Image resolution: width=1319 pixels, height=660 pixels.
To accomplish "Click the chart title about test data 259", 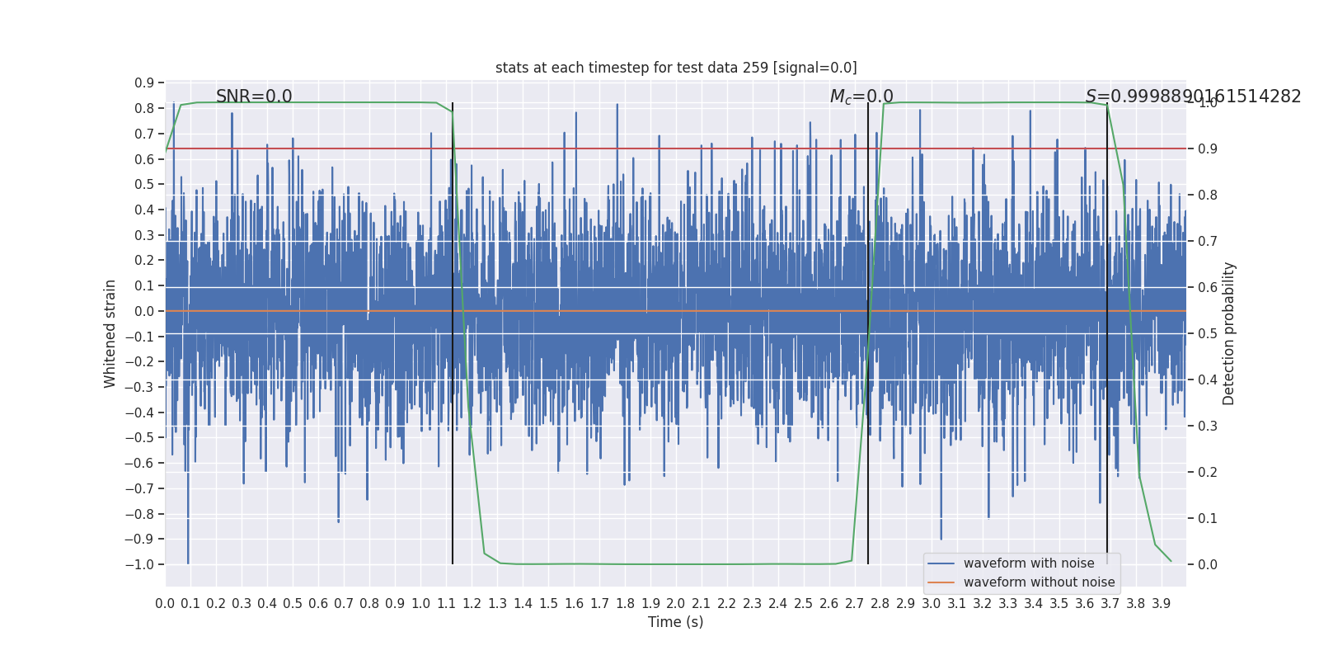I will pyautogui.click(x=676, y=68).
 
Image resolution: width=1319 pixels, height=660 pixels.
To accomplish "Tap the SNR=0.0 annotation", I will pyautogui.click(x=254, y=97).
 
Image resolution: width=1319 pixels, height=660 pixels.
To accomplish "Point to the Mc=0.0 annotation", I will pyautogui.click(x=861, y=97).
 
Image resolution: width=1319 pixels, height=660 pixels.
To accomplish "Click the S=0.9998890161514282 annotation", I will pyautogui.click(x=1193, y=97).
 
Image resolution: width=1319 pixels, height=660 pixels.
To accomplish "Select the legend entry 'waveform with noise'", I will pyautogui.click(x=1028, y=563).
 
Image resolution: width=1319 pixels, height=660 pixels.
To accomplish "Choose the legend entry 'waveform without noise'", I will pyautogui.click(x=1039, y=582).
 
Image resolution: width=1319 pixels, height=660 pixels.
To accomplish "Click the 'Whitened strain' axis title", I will pyautogui.click(x=110, y=333).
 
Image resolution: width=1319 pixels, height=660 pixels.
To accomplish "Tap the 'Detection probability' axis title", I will pyautogui.click(x=1229, y=333).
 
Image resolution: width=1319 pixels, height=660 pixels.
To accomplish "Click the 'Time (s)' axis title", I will pyautogui.click(x=675, y=622).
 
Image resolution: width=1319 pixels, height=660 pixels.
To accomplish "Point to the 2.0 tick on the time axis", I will pyautogui.click(x=676, y=604).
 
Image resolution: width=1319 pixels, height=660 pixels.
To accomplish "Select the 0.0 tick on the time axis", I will pyautogui.click(x=165, y=604).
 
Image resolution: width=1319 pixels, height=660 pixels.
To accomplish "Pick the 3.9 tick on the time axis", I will pyautogui.click(x=1161, y=604).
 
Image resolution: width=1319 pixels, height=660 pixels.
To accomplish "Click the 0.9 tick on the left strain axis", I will pyautogui.click(x=144, y=83).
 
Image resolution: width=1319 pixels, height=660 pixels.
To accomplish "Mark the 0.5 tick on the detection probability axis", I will pyautogui.click(x=1208, y=334).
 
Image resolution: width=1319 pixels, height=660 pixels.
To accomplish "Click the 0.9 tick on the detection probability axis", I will pyautogui.click(x=1208, y=149).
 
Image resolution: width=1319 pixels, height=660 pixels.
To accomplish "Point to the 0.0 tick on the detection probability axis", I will pyautogui.click(x=1208, y=565).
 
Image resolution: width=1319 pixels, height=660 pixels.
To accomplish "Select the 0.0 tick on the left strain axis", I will pyautogui.click(x=144, y=311).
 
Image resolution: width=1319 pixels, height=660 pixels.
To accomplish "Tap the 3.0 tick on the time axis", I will pyautogui.click(x=931, y=604).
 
